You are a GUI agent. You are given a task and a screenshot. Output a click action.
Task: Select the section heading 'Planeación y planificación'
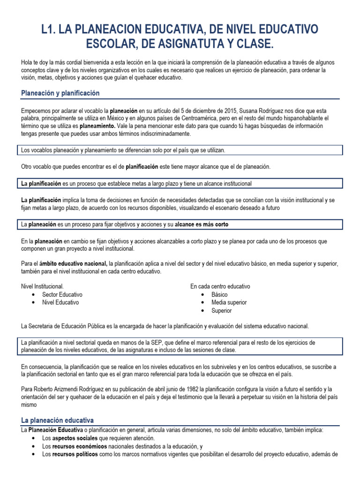click(60, 93)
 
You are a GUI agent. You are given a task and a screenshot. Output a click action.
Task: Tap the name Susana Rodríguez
click(258, 110)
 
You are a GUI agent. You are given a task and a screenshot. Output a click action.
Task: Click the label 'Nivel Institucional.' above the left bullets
click(43, 286)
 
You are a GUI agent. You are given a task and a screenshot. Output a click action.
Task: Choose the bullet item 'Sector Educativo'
click(62, 294)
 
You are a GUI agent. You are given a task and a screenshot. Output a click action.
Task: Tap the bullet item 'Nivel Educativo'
click(60, 302)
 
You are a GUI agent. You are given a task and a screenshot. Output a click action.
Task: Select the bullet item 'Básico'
click(219, 294)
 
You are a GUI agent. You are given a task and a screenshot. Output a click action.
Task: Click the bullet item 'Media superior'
click(229, 302)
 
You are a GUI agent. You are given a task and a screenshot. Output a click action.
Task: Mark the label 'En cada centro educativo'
click(220, 286)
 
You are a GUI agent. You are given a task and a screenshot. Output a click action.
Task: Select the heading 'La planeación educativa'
click(57, 420)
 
